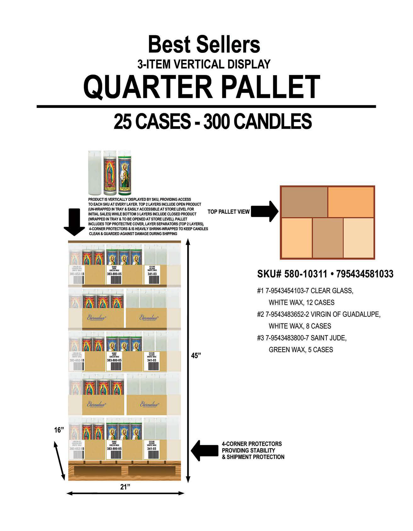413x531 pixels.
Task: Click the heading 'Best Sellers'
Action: click(x=204, y=45)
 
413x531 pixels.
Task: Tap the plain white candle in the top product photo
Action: click(x=95, y=173)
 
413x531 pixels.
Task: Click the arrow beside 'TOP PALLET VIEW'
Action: click(x=265, y=212)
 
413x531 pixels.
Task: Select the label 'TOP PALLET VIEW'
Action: click(x=228, y=212)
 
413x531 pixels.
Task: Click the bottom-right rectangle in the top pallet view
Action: click(x=358, y=238)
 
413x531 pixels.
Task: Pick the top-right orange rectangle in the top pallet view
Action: click(x=351, y=202)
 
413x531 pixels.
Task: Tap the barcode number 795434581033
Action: click(x=365, y=274)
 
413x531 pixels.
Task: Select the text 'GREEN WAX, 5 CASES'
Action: click(x=301, y=349)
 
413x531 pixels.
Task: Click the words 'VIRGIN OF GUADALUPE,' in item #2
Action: click(x=345, y=314)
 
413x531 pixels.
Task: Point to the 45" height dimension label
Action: click(x=196, y=356)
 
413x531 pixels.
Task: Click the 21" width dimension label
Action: click(x=125, y=487)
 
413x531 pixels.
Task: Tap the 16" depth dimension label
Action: click(x=59, y=430)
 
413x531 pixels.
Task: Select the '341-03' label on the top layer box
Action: click(x=152, y=274)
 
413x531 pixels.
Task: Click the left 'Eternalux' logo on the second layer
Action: click(x=97, y=318)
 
